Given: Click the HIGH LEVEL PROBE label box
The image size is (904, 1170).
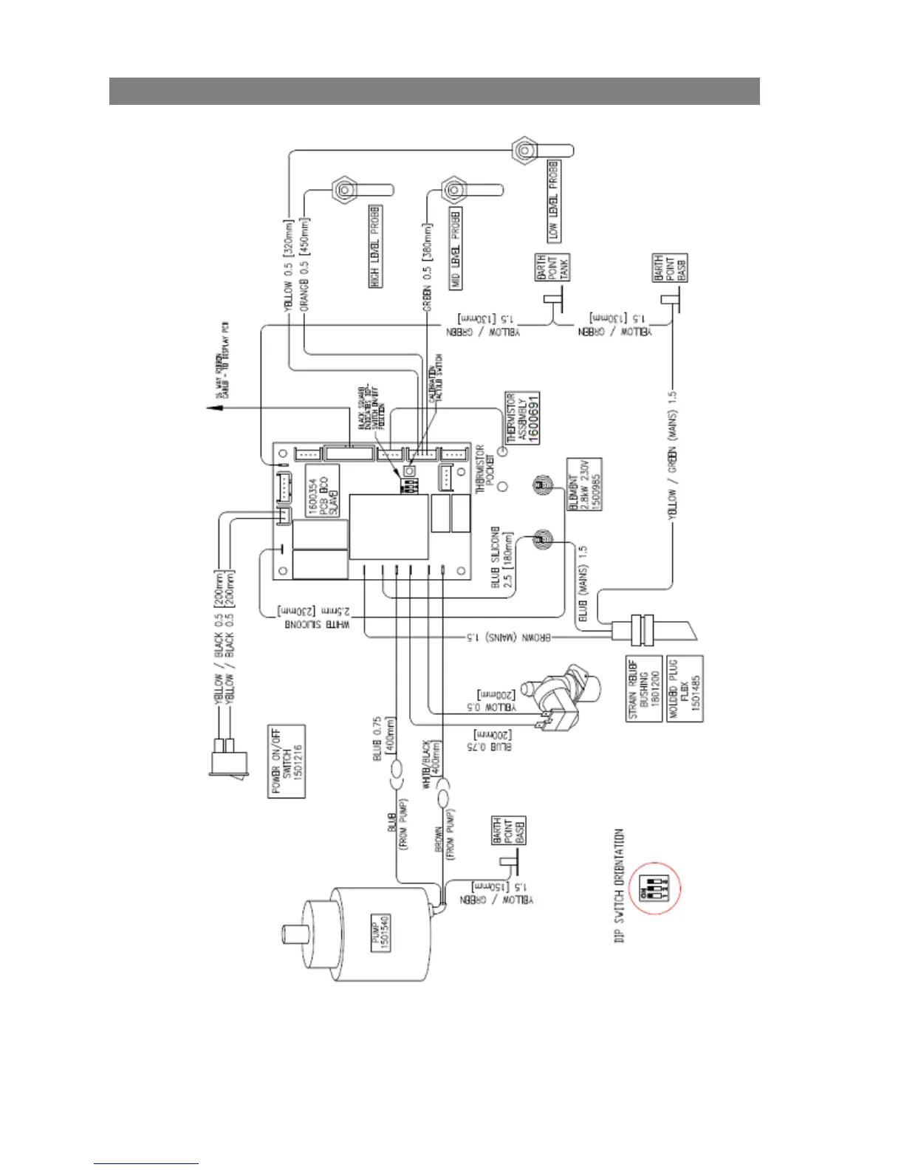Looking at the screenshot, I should click(x=375, y=246).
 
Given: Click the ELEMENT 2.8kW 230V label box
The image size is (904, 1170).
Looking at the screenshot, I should click(x=584, y=484).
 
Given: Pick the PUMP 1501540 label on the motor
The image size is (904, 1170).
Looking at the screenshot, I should click(x=380, y=933).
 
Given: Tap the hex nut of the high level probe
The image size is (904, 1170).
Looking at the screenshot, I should click(x=343, y=190).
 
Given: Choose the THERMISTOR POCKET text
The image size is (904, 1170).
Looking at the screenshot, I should click(x=485, y=470).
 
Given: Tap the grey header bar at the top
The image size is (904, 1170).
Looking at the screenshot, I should click(x=434, y=91).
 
